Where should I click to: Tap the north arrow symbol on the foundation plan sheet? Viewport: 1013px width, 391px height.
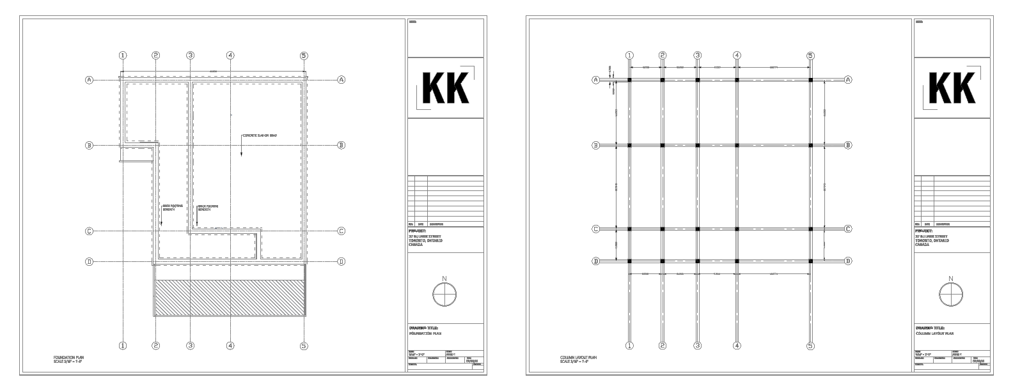point(444,295)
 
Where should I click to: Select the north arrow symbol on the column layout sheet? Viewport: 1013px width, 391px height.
point(950,295)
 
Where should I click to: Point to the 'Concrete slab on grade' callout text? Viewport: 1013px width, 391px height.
point(259,135)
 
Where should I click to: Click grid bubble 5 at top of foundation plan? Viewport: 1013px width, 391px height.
point(304,56)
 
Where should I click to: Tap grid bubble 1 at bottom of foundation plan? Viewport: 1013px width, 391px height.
point(122,346)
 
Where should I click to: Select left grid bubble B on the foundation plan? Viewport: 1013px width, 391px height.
point(90,146)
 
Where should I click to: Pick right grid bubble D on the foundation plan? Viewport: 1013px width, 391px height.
point(342,261)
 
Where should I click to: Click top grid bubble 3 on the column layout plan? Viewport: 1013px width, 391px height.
point(698,56)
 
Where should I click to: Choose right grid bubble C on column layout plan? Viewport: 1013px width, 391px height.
point(848,229)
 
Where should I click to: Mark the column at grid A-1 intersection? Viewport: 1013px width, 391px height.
point(630,80)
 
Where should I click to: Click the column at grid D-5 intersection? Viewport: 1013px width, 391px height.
point(811,261)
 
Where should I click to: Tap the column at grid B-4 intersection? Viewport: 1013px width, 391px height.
point(737,146)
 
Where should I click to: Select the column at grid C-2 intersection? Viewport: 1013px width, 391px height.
point(663,229)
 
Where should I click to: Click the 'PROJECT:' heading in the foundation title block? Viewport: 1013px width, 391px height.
point(417,231)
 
